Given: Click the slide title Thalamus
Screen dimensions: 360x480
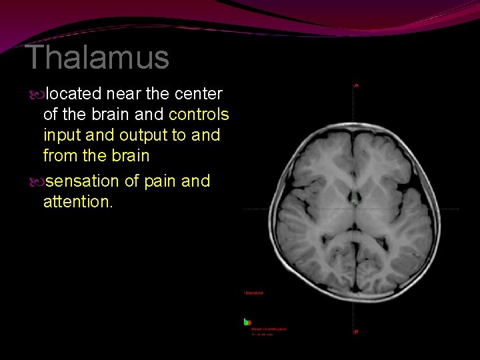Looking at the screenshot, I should (x=97, y=58).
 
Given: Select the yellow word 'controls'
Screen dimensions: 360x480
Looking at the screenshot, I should (x=199, y=115).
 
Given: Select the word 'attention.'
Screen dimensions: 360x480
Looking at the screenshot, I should (x=78, y=201).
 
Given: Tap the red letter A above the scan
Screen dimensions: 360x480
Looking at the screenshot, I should (x=356, y=85).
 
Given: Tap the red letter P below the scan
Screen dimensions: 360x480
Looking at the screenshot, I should (x=356, y=332).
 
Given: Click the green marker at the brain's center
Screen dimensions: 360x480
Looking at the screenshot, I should (x=356, y=201).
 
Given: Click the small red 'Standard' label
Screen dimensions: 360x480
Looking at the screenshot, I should (x=254, y=293).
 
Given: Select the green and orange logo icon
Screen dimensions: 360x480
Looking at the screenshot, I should (x=247, y=322).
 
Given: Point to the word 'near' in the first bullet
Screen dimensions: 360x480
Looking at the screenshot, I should (x=122, y=94).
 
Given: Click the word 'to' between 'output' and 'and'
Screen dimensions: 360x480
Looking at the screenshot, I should (x=181, y=135).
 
